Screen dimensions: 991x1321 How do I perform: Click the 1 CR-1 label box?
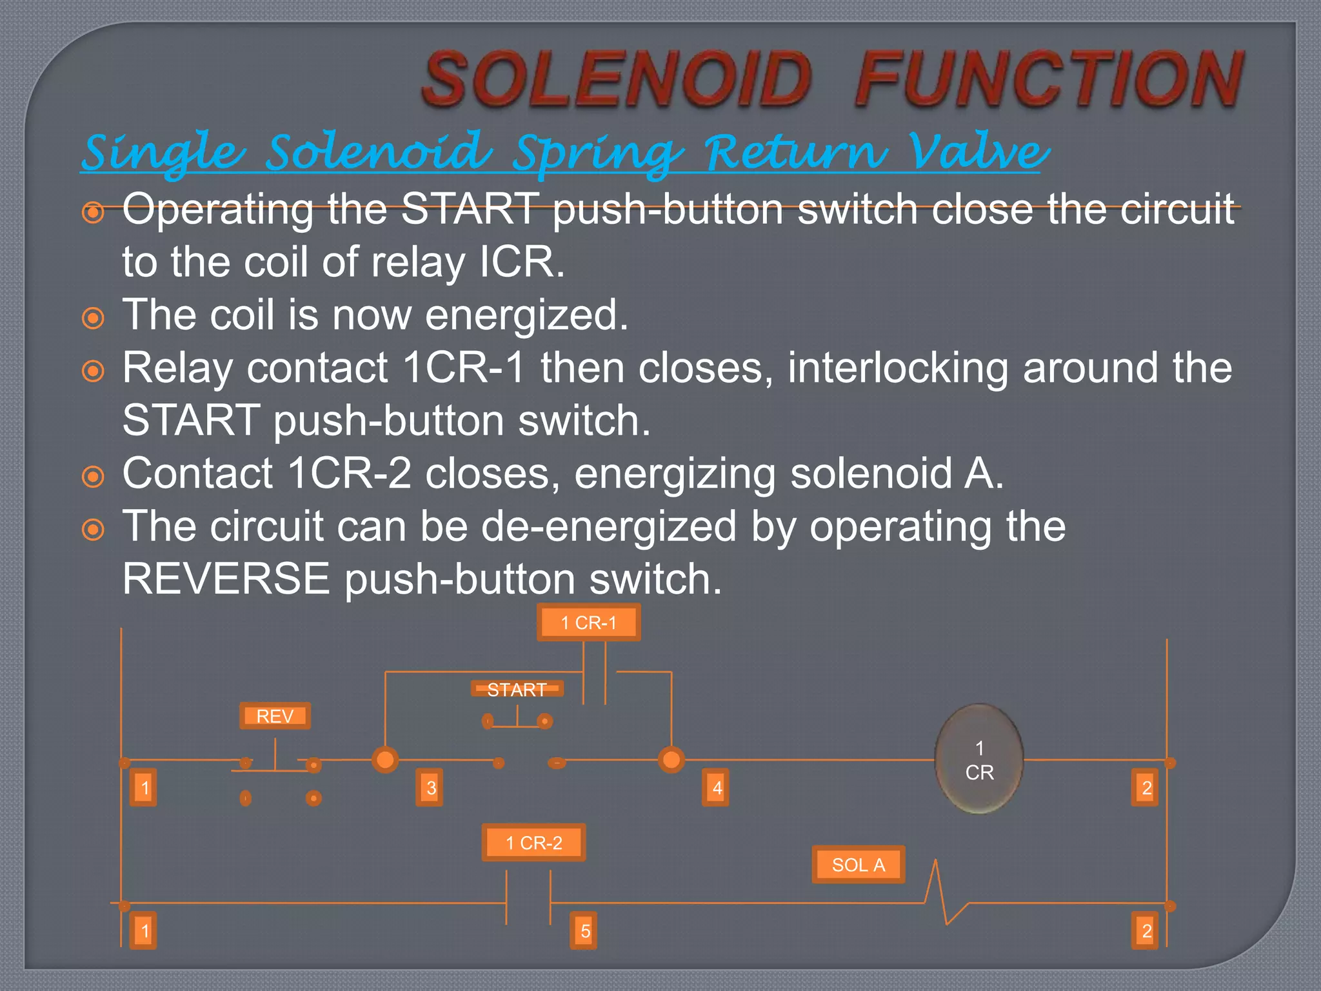coord(588,623)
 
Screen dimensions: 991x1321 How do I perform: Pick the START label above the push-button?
coord(517,690)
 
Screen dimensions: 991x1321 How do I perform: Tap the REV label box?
coord(275,716)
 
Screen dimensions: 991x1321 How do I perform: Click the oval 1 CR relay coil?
coord(979,759)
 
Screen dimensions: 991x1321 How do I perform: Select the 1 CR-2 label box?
coord(533,843)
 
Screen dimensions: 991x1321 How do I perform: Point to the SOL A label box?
coord(858,865)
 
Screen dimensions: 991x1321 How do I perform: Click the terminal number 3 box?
coord(431,788)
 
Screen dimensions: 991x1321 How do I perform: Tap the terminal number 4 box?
coord(717,788)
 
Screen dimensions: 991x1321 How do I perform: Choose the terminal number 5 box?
coord(584,931)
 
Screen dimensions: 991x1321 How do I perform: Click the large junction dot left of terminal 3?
coord(385,760)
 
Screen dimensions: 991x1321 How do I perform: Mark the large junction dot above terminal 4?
coord(671,760)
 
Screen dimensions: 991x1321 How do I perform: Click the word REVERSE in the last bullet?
coord(226,579)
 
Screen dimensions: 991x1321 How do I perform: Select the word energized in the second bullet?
coord(526,315)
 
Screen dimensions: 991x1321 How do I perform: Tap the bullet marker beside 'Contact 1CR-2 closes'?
coord(94,477)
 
